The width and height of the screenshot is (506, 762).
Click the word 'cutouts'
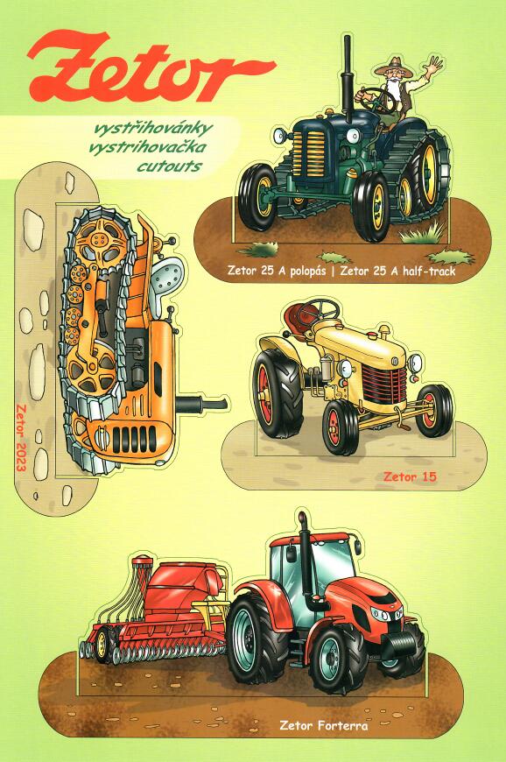170,166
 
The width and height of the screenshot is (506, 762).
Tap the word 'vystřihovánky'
153,129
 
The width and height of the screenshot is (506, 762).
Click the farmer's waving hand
432,66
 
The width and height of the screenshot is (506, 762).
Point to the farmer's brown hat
394,67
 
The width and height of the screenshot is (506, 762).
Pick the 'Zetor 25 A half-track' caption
397,272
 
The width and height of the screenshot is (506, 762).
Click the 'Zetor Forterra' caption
323,726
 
